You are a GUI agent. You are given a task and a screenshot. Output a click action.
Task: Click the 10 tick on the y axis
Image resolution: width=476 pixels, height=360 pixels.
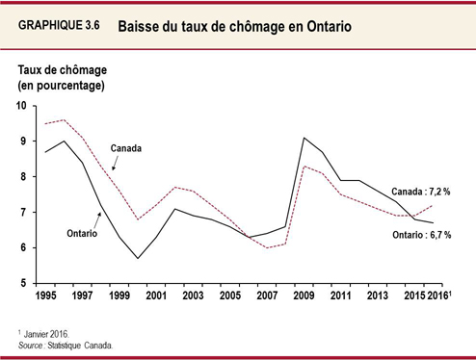pos(21,105)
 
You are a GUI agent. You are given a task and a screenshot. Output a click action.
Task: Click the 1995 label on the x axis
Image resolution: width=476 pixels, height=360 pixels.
pos(45,295)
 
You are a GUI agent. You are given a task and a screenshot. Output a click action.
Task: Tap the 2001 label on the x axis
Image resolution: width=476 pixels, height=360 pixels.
pos(157,295)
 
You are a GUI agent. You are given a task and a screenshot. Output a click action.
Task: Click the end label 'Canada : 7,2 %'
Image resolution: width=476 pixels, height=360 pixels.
pos(421,192)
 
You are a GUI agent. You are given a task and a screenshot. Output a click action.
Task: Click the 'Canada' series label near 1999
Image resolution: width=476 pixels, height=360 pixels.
pos(126,149)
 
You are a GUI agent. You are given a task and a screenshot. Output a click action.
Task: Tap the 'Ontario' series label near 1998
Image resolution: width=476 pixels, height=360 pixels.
pos(84,232)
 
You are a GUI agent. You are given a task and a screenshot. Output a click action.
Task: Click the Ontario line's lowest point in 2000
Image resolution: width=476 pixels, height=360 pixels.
pos(138,258)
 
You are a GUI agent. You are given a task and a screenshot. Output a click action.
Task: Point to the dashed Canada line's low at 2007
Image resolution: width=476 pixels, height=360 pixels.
pos(268,247)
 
